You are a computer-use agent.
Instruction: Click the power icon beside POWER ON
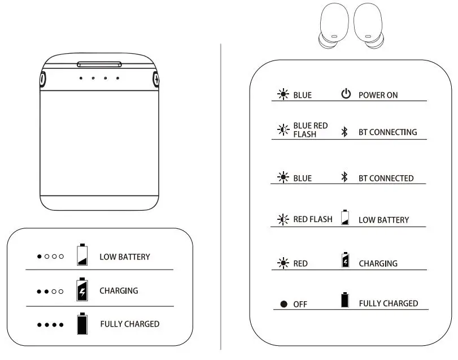point(346,94)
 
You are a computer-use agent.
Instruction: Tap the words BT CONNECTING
point(387,132)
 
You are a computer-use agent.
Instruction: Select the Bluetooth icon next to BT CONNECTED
point(344,177)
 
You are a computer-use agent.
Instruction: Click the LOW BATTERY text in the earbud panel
point(383,220)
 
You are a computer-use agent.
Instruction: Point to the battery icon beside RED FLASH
point(345,219)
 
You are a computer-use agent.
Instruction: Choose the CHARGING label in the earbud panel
point(378,263)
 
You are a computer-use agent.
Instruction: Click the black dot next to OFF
point(284,304)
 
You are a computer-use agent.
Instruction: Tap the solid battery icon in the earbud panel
point(345,300)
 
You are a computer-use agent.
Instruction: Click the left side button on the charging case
point(43,79)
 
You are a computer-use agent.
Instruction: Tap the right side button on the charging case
point(156,79)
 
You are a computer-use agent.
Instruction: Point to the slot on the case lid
point(99,64)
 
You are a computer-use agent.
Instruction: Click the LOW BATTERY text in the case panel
point(125,257)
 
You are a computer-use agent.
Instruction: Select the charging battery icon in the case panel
point(82,289)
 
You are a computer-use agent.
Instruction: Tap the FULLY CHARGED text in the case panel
point(129,324)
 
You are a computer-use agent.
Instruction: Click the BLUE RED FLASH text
point(310,130)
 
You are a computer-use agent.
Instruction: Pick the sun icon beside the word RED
point(283,263)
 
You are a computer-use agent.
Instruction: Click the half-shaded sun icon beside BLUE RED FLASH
point(283,130)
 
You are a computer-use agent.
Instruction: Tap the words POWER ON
point(378,95)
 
